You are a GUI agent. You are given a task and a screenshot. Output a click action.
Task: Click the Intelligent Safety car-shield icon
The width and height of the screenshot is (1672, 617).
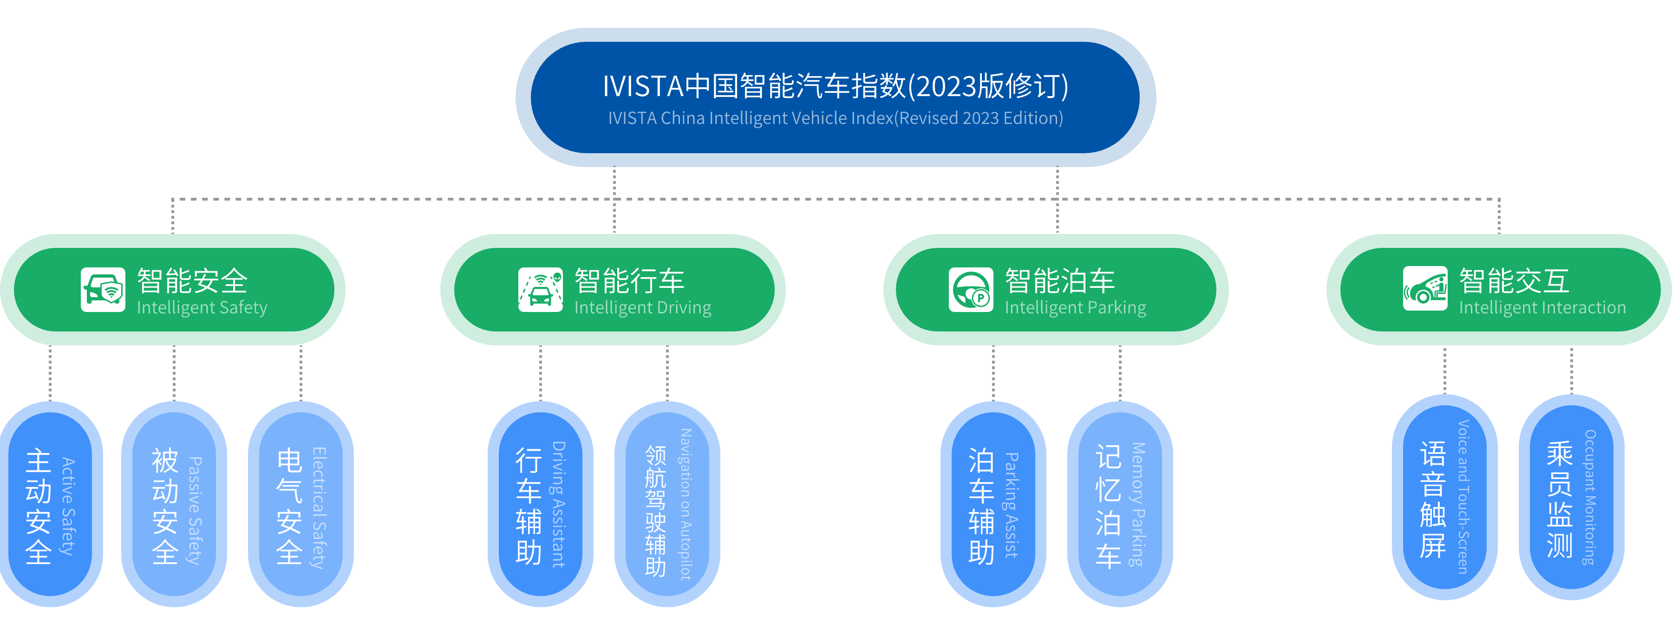pos(103,289)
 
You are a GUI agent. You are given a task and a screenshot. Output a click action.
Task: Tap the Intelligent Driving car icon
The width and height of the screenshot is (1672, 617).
pos(540,289)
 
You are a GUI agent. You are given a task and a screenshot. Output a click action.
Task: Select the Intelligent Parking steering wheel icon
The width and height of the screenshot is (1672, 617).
pos(970,289)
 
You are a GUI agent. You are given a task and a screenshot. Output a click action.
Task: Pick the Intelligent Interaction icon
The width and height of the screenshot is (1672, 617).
pos(1425,289)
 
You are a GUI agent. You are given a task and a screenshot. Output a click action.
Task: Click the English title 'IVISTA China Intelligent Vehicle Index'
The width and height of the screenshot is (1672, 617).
pos(835,118)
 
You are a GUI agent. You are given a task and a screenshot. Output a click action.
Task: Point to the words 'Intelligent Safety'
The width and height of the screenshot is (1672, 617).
pos(202,307)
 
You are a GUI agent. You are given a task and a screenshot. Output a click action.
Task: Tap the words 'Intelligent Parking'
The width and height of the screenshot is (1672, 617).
pos(1075,307)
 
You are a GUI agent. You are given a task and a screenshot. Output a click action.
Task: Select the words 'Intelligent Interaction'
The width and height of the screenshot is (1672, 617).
pos(1542,307)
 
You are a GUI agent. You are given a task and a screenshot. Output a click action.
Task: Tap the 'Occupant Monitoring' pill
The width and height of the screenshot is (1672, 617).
pos(1571,497)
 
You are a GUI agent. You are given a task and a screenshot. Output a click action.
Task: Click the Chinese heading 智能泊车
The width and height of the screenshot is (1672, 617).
pos(1059,281)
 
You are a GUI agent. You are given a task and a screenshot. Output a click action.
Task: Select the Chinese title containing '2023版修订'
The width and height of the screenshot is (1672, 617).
pos(835,86)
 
